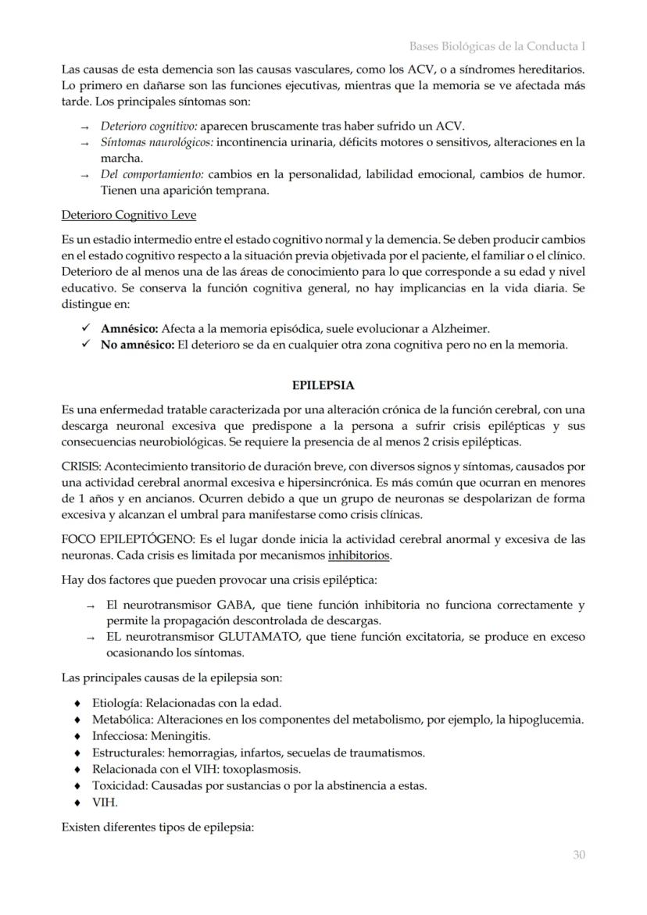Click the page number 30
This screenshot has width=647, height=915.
tap(578, 855)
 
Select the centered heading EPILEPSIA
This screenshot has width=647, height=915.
tap(323, 385)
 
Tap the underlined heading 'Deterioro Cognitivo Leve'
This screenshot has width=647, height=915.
tap(128, 215)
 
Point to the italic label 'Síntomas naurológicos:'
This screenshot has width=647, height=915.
tap(156, 142)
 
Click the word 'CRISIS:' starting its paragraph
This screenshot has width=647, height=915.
tap(81, 466)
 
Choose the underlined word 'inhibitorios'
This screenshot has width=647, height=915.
tap(359, 556)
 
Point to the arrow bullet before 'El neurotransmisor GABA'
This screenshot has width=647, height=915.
tap(91, 606)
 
